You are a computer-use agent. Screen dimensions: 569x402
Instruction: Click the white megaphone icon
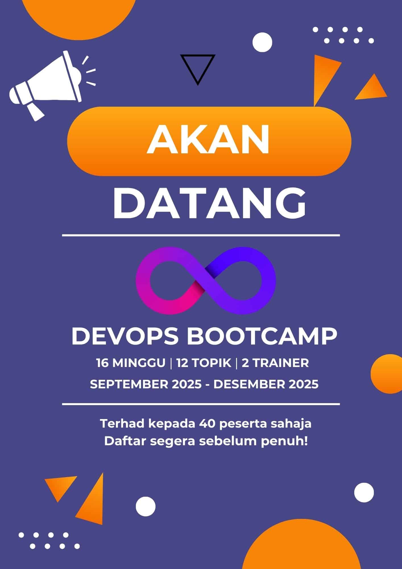(x=45, y=85)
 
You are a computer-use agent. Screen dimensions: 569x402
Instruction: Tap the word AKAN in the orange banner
(x=208, y=141)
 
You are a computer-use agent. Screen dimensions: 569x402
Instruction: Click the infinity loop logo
(x=206, y=280)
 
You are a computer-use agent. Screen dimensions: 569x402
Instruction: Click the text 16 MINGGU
(x=131, y=363)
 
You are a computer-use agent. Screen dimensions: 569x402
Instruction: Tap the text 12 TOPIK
(x=204, y=363)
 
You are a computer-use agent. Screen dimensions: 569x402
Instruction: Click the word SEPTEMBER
(x=130, y=384)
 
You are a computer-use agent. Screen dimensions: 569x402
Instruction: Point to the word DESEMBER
(x=247, y=384)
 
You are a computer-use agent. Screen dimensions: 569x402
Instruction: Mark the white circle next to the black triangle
(x=262, y=42)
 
